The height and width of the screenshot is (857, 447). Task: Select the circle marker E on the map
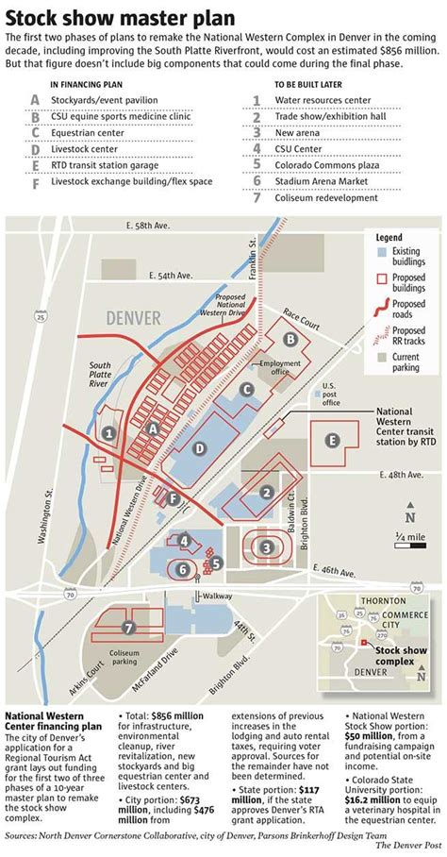(331, 440)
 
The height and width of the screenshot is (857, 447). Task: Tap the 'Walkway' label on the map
(218, 596)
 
